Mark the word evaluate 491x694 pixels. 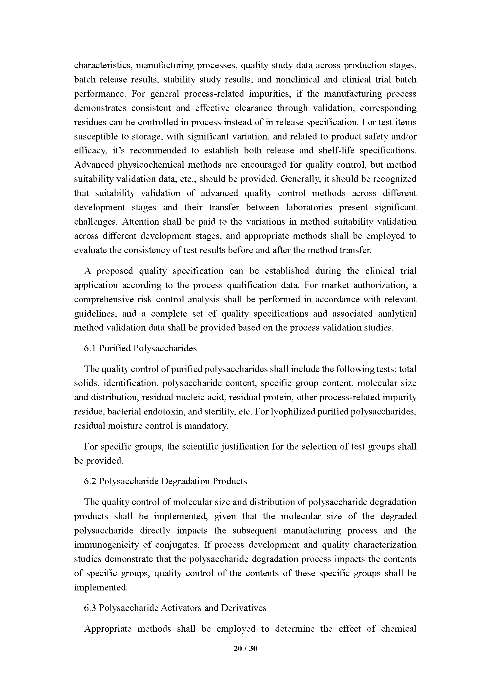pyautogui.click(x=91, y=250)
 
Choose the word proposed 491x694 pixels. pyautogui.click(x=115, y=271)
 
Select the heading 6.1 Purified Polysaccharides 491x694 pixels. pyautogui.click(x=140, y=348)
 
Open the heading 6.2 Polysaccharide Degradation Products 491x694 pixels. pyautogui.click(x=165, y=481)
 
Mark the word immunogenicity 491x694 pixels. pyautogui.click(x=106, y=545)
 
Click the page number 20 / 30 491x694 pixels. pyautogui.click(x=245, y=648)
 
